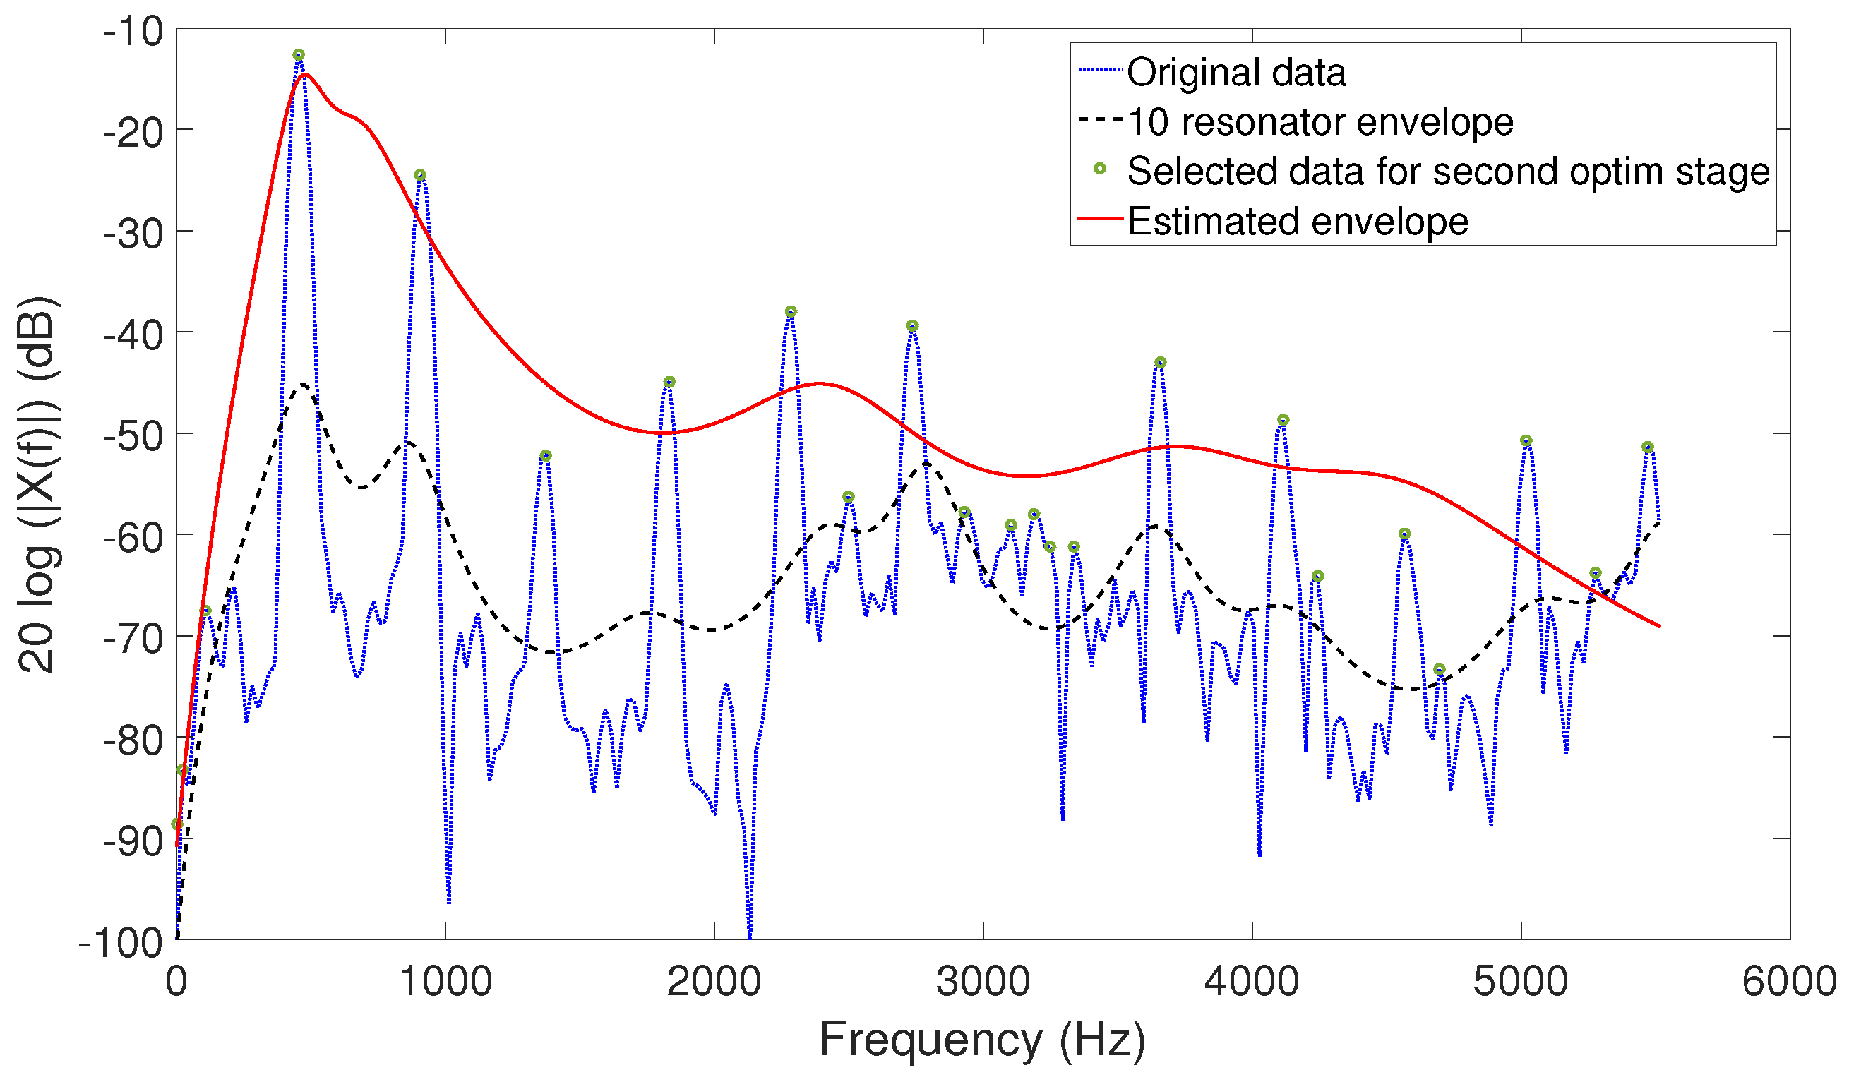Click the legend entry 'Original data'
pyautogui.click(x=1235, y=72)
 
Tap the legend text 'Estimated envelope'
pyautogui.click(x=1297, y=221)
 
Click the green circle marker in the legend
pyautogui.click(x=1099, y=169)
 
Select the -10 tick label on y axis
pyautogui.click(x=133, y=33)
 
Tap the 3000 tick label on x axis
pyautogui.click(x=983, y=982)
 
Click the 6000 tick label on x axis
pyautogui.click(x=1789, y=982)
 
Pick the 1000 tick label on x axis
pyautogui.click(x=445, y=982)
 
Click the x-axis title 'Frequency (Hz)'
pyautogui.click(x=983, y=1040)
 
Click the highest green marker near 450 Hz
pyautogui.click(x=299, y=55)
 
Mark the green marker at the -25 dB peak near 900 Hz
pyautogui.click(x=419, y=175)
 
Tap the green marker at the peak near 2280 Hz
pyautogui.click(x=790, y=312)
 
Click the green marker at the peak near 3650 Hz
pyautogui.click(x=1160, y=362)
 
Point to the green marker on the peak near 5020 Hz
pyautogui.click(x=1526, y=441)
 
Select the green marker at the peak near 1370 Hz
pyautogui.click(x=545, y=455)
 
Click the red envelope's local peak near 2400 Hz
pyautogui.click(x=820, y=384)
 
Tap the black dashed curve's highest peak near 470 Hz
pyautogui.click(x=304, y=385)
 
